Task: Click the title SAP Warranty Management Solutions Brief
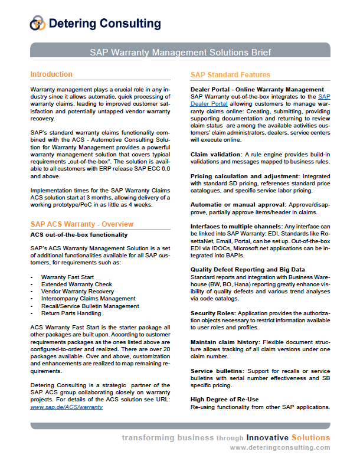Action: click(180, 52)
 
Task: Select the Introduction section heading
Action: click(51, 74)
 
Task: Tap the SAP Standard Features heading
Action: click(230, 75)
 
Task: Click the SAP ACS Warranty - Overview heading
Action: click(81, 224)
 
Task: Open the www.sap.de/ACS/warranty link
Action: click(66, 407)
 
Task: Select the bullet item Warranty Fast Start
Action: click(68, 276)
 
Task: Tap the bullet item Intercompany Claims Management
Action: click(89, 299)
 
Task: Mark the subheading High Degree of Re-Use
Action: click(225, 400)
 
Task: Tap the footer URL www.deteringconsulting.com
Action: click(280, 447)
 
